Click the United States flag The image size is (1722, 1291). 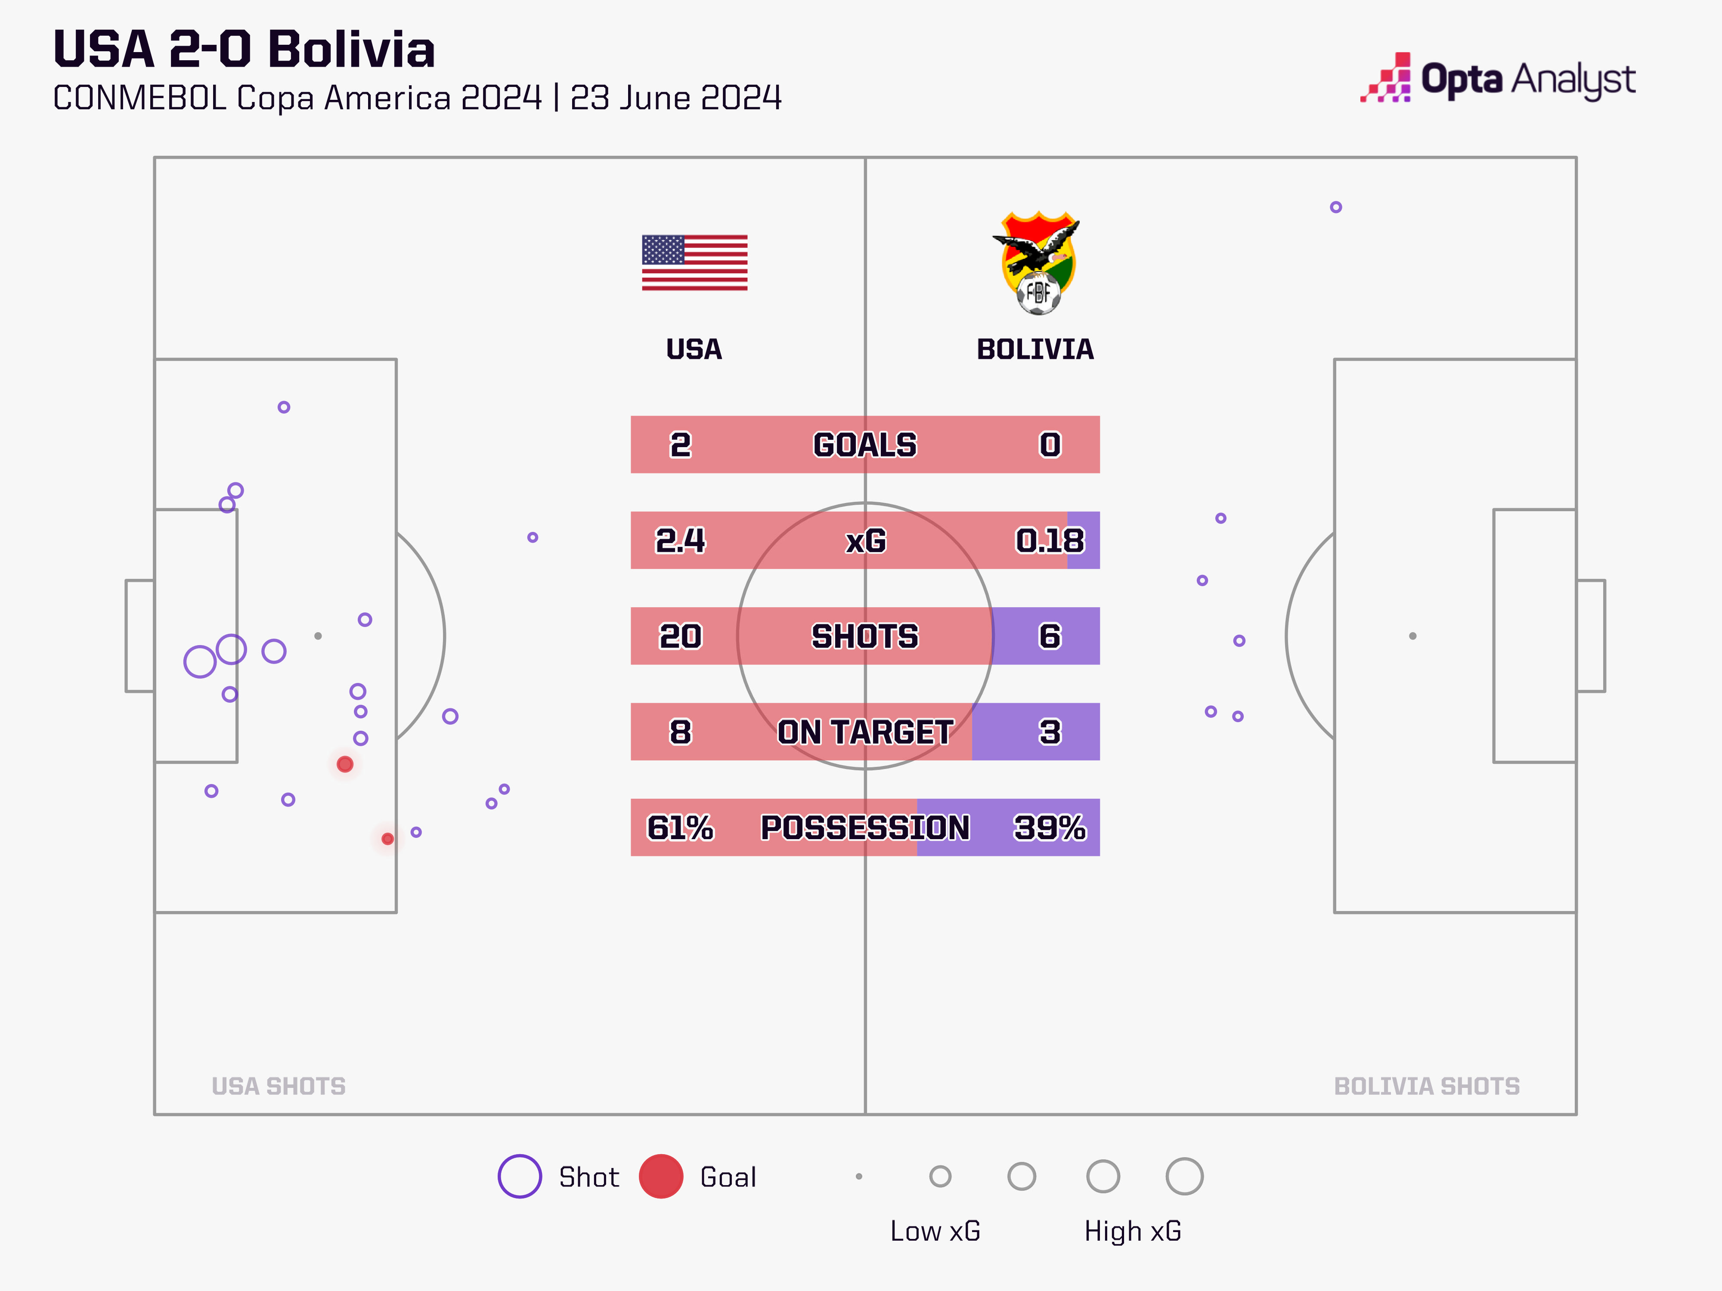[x=694, y=263]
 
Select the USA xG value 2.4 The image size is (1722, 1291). [x=680, y=540]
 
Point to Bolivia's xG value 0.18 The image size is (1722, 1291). [x=1050, y=540]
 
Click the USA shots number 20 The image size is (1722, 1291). [x=680, y=636]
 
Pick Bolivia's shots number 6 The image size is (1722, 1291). [x=1050, y=636]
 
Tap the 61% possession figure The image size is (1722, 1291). [x=680, y=827]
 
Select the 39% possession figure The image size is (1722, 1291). [x=1050, y=827]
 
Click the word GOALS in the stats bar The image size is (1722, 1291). [x=865, y=445]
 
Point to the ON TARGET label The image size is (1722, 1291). [x=865, y=732]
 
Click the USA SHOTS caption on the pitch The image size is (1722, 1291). [x=279, y=1086]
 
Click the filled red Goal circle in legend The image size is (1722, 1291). [x=661, y=1176]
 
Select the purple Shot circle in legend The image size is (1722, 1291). [x=519, y=1176]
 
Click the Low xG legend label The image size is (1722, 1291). [x=935, y=1231]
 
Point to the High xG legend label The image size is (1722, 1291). [x=1133, y=1231]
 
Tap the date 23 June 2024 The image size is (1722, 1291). [x=675, y=98]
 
